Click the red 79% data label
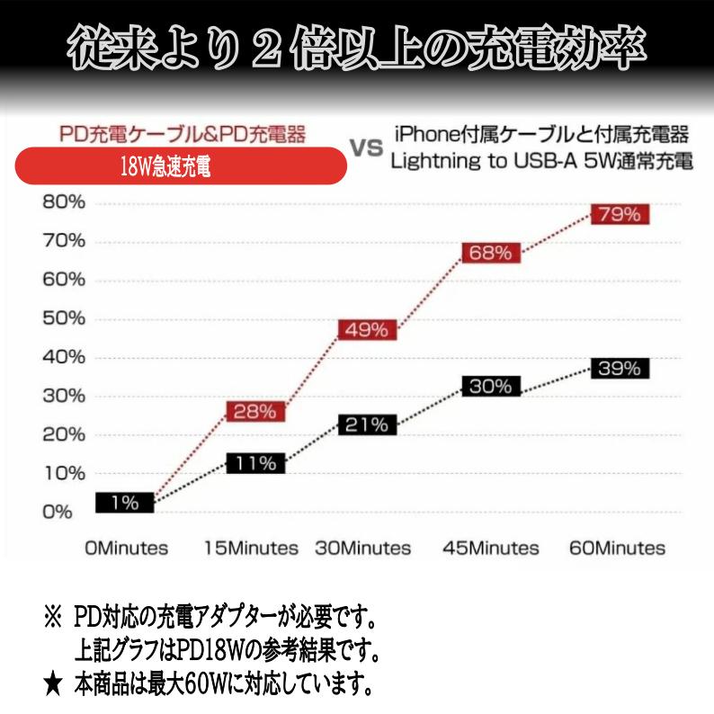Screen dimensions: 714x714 point(620,215)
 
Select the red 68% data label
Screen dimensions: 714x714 point(491,253)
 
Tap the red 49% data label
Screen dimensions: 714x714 point(366,330)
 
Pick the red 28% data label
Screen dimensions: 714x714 point(255,413)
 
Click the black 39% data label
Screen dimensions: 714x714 point(620,368)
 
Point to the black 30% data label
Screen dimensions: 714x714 point(491,387)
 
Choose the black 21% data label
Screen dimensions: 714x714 point(366,424)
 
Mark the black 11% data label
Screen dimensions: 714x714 point(255,463)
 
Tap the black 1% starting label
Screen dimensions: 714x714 point(125,503)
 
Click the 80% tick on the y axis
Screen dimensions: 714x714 point(63,202)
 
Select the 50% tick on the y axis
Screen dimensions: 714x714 point(63,318)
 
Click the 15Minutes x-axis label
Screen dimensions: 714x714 point(251,548)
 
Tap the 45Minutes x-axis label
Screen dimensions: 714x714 point(491,548)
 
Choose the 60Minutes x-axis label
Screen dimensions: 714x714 point(618,548)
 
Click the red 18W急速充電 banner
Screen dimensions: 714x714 point(181,167)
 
